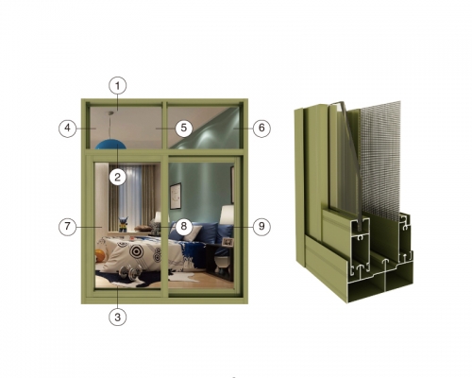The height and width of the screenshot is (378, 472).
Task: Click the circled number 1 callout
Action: [118, 85]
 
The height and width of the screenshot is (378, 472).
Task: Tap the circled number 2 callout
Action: [117, 177]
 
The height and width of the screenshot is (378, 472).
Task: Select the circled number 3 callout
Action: [118, 317]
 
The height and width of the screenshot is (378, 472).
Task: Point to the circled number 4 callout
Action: [68, 129]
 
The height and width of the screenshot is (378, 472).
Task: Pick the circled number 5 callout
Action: [184, 128]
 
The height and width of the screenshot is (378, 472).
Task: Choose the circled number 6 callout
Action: [261, 129]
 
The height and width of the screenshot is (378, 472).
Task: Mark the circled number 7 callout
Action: [68, 227]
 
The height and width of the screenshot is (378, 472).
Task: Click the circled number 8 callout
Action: [184, 226]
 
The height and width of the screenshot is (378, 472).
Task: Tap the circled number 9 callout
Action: [261, 226]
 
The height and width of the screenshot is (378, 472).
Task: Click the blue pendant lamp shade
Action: [110, 145]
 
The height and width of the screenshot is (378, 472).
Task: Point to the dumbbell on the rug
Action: [130, 273]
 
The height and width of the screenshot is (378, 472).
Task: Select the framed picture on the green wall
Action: [176, 196]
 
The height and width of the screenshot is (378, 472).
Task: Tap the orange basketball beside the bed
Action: [101, 256]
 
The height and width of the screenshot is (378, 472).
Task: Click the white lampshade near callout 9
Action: [227, 215]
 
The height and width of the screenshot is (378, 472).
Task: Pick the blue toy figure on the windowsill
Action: [123, 224]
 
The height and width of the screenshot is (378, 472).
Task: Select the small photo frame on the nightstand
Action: [228, 242]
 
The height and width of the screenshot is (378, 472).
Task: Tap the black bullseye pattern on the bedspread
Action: [137, 251]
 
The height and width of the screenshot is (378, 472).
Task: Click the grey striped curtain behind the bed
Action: [147, 197]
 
